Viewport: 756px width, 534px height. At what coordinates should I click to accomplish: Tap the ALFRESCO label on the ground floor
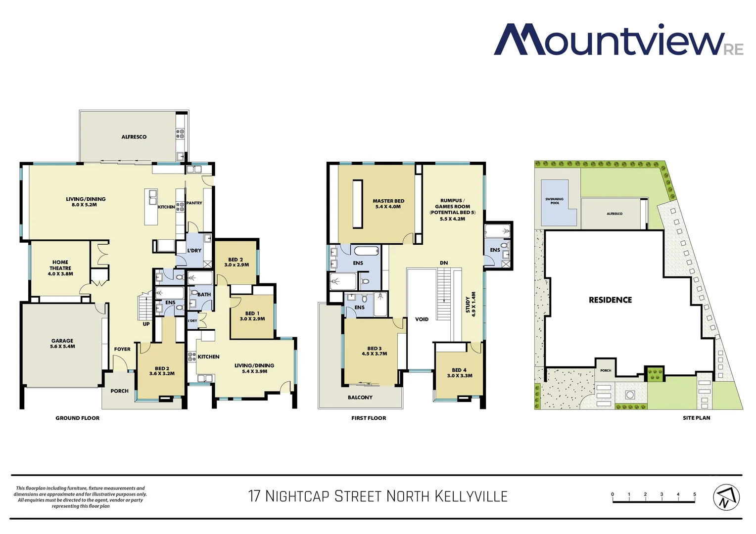coord(134,137)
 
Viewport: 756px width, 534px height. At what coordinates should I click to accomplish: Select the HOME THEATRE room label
coord(60,268)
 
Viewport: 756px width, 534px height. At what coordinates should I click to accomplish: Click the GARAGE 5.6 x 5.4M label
coord(62,344)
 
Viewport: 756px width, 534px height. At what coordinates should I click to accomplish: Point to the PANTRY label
coord(194,203)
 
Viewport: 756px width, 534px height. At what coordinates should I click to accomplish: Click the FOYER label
coord(122,349)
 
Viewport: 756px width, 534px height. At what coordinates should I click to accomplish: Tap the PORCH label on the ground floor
coord(119,391)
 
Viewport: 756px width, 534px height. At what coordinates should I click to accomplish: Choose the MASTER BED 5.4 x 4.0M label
coord(388,204)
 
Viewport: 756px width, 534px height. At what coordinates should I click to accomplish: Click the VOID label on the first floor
coord(422,319)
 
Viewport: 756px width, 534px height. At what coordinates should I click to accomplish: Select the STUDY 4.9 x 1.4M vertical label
coord(471,305)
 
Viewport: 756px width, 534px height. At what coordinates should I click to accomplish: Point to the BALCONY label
coord(360,398)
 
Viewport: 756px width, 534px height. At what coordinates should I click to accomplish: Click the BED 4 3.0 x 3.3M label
coord(459,373)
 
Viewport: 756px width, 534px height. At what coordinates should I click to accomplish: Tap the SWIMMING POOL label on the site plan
coord(555,201)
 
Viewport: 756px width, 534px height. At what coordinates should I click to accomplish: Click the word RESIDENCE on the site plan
coord(610,300)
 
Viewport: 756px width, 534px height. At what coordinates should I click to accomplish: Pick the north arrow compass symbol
coord(726,497)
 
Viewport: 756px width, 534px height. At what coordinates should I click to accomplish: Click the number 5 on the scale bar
coord(695,494)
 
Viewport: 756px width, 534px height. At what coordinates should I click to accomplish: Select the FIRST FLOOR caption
coord(369,418)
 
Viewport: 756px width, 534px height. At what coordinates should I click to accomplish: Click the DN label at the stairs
coord(444,263)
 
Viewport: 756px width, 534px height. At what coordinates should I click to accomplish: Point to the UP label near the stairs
coord(146,324)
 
